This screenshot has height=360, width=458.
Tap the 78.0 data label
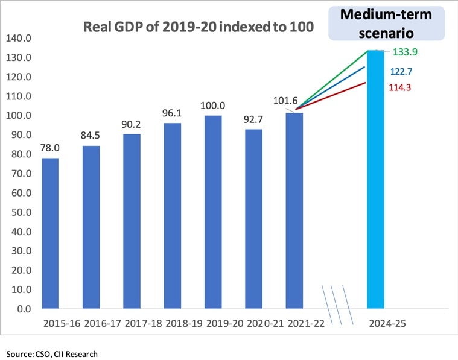tap(50, 147)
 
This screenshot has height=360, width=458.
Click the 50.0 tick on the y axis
tap(21, 212)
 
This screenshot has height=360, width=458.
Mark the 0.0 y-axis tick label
tap(23, 309)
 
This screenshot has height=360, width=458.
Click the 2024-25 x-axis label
tap(387, 324)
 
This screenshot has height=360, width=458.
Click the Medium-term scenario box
tap(386, 23)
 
